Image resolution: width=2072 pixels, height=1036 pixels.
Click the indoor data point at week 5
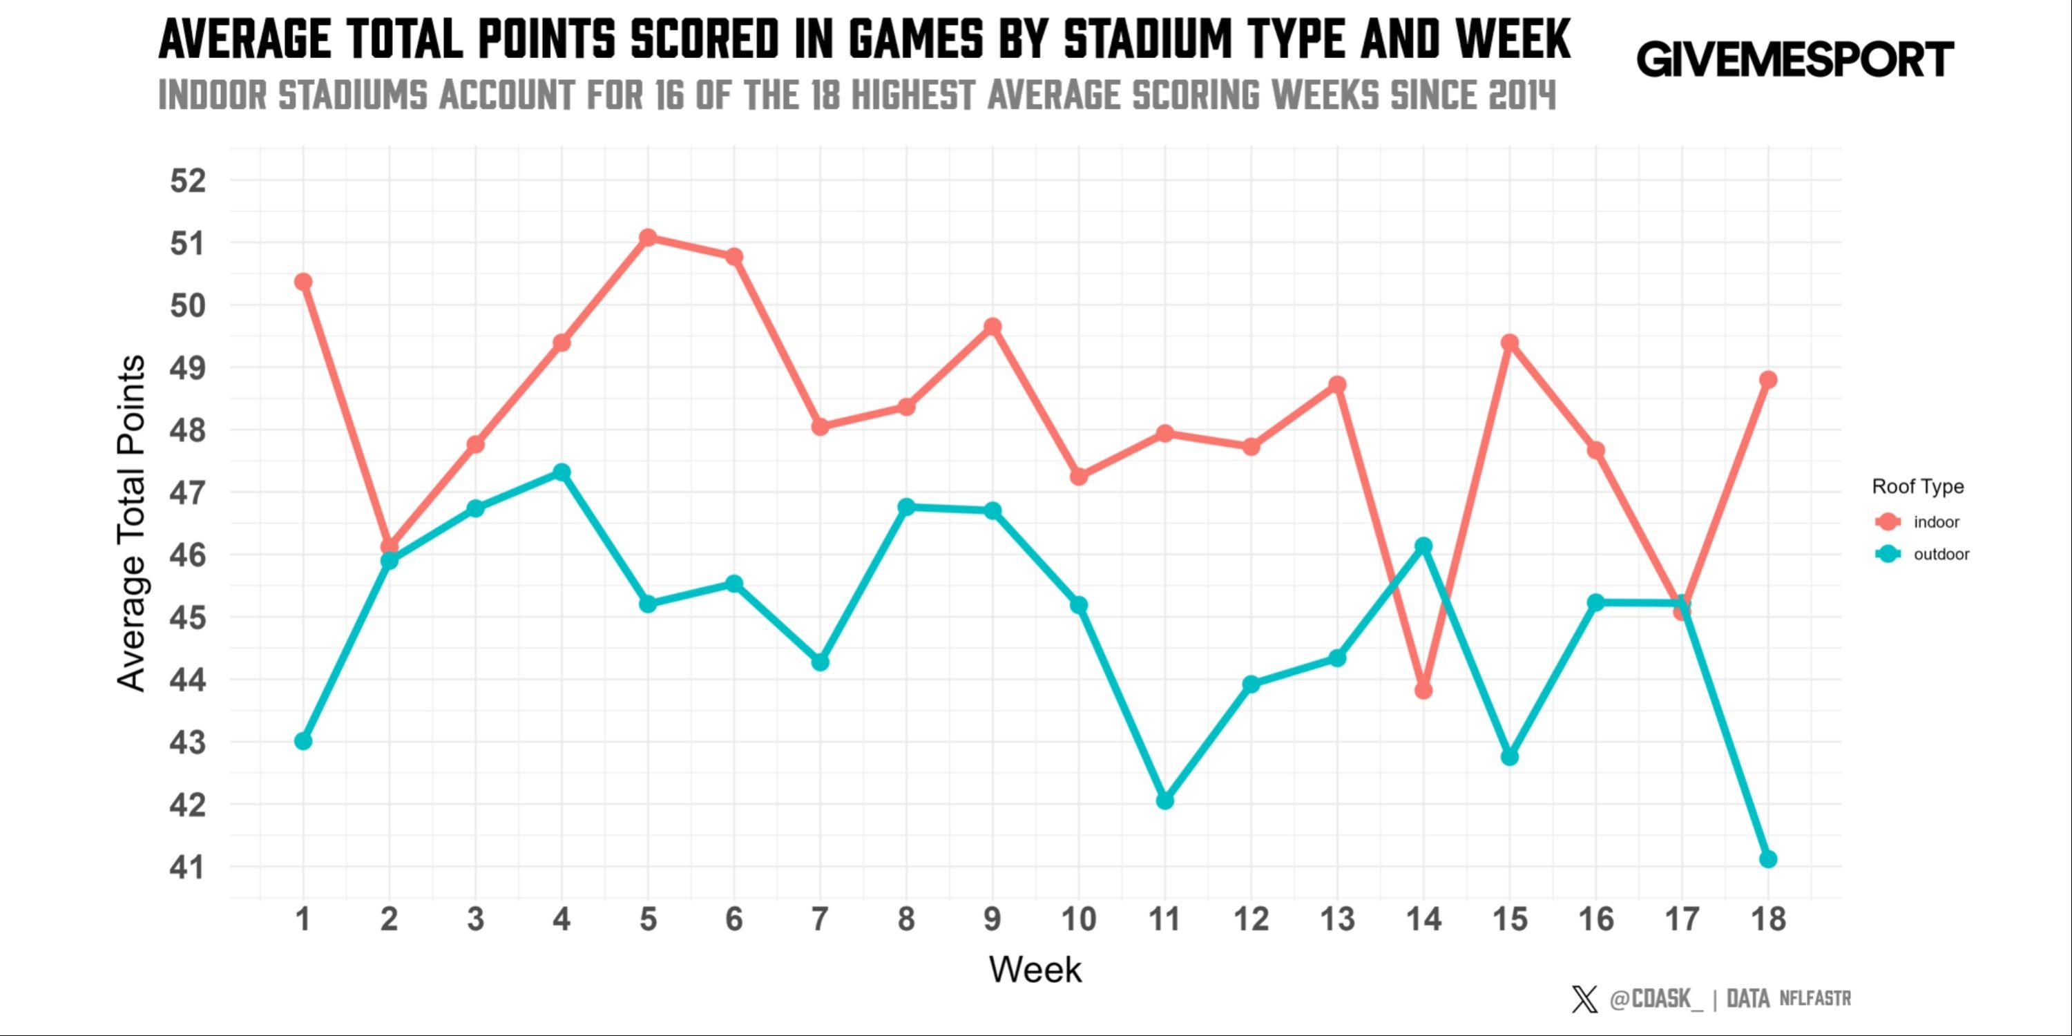(x=648, y=238)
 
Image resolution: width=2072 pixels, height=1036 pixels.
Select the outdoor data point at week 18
(x=1767, y=859)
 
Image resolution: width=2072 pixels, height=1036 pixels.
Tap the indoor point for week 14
(x=1423, y=690)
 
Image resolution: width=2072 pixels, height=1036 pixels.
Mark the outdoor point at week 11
(x=1164, y=800)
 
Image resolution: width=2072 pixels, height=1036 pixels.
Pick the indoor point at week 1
(x=303, y=282)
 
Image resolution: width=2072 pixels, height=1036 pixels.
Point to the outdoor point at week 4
(x=562, y=472)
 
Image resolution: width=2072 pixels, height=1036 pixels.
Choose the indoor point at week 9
(x=992, y=327)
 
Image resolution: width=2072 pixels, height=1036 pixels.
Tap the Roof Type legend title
(x=1917, y=487)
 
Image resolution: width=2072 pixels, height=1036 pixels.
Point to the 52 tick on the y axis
(x=187, y=181)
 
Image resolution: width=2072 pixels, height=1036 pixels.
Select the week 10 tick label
(x=1079, y=919)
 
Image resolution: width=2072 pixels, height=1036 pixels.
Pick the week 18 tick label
(x=1767, y=919)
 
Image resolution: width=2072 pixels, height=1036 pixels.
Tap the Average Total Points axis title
(x=131, y=523)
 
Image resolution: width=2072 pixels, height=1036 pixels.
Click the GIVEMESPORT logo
(x=1794, y=60)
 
